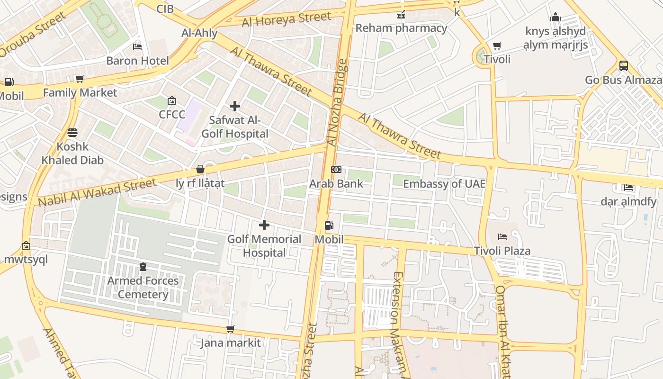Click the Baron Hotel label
[137, 61]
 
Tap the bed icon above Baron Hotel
[137, 47]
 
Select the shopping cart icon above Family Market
[80, 79]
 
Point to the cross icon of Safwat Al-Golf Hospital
[234, 106]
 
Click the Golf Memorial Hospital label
[264, 246]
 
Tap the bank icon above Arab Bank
[336, 170]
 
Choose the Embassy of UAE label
[444, 183]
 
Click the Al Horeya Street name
[286, 19]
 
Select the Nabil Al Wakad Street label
[97, 192]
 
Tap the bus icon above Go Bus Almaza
[623, 66]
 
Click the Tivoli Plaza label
[502, 251]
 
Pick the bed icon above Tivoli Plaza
[502, 236]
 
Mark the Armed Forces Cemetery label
[143, 288]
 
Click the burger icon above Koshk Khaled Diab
[72, 133]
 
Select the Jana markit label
[231, 343]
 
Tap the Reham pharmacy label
[401, 28]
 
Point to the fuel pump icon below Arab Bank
[329, 226]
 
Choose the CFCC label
[172, 114]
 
